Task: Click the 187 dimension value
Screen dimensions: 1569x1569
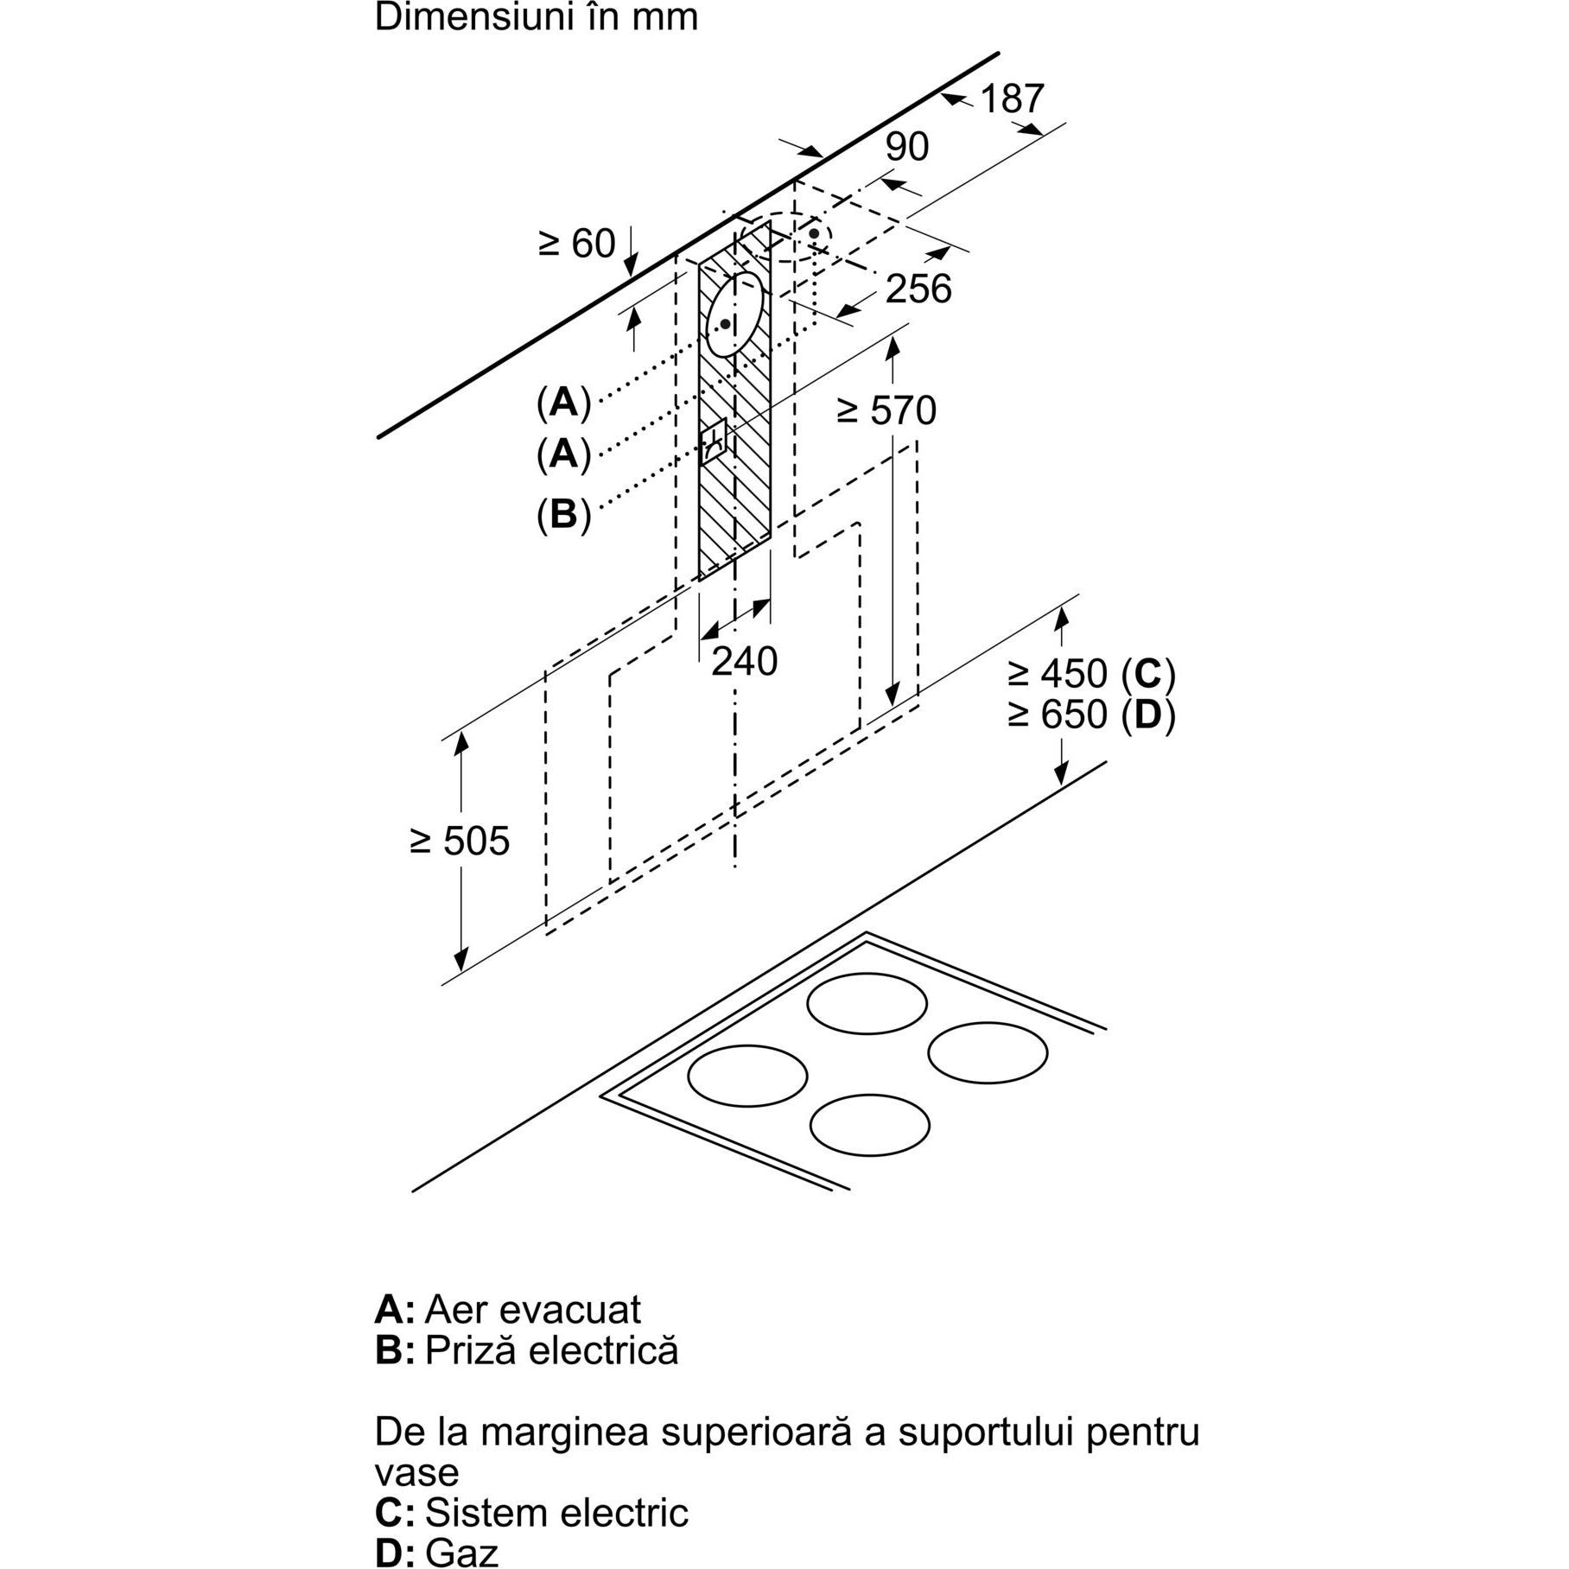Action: click(1012, 99)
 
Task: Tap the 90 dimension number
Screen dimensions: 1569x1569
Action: click(906, 148)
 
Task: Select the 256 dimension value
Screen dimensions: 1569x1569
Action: click(918, 289)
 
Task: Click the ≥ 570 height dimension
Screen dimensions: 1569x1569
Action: click(886, 410)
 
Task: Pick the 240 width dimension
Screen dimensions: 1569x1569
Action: click(744, 662)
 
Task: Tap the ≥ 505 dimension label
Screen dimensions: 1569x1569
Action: click(460, 841)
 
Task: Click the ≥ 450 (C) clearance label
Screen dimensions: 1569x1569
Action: click(1091, 673)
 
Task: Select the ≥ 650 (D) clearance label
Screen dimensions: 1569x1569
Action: click(1091, 715)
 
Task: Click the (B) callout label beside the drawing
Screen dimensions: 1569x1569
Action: click(563, 515)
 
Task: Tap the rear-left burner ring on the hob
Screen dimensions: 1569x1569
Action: click(867, 1004)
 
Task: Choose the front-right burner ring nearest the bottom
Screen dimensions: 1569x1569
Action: click(869, 1125)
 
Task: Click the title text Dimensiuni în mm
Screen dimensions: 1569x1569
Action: click(536, 18)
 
